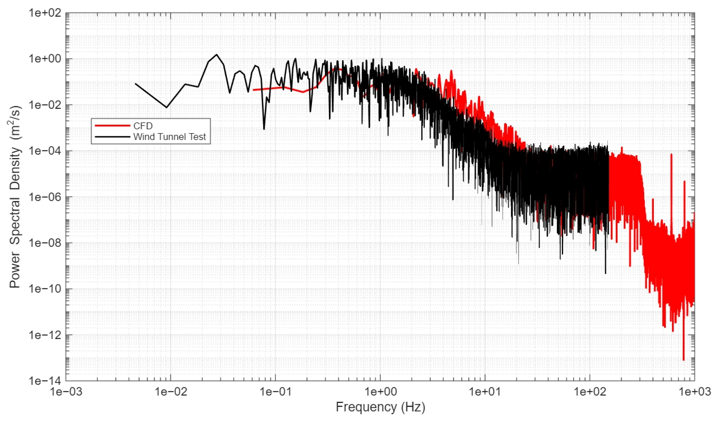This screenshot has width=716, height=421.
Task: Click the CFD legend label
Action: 143,126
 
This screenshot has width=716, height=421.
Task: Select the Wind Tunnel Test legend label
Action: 169,137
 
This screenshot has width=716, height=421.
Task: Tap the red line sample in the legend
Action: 112,126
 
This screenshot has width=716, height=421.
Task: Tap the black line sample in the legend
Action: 112,137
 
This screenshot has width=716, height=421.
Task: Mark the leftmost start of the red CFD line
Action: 253,90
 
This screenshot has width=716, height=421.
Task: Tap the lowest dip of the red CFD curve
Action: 683,360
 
